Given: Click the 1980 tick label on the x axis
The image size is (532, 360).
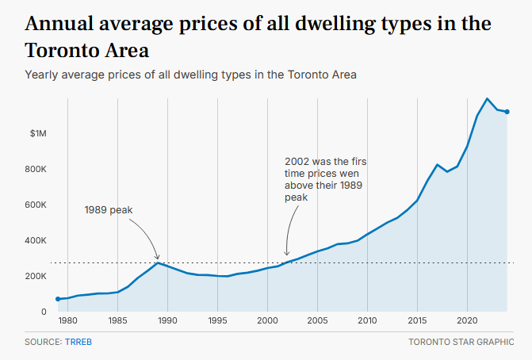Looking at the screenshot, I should [x=67, y=321].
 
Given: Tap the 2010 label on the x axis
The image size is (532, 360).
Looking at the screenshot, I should [x=366, y=321].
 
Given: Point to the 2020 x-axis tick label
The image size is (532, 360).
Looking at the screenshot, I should [x=466, y=321].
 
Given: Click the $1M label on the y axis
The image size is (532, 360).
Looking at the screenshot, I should [x=39, y=133].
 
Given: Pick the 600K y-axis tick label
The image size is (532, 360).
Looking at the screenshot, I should [x=37, y=205].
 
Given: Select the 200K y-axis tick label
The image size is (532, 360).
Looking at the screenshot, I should [x=37, y=276].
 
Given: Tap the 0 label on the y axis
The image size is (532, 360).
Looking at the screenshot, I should [x=44, y=312].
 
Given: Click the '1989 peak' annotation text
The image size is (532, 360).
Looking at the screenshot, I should [x=108, y=210].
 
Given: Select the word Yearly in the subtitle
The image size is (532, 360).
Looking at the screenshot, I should [x=42, y=75].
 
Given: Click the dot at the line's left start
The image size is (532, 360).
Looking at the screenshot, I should [x=58, y=299].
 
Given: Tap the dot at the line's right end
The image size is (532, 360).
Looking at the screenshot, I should [x=507, y=112].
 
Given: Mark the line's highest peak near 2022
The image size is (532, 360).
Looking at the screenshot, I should [x=487, y=99].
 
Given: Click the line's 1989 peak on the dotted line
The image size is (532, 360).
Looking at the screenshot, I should [x=158, y=262].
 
